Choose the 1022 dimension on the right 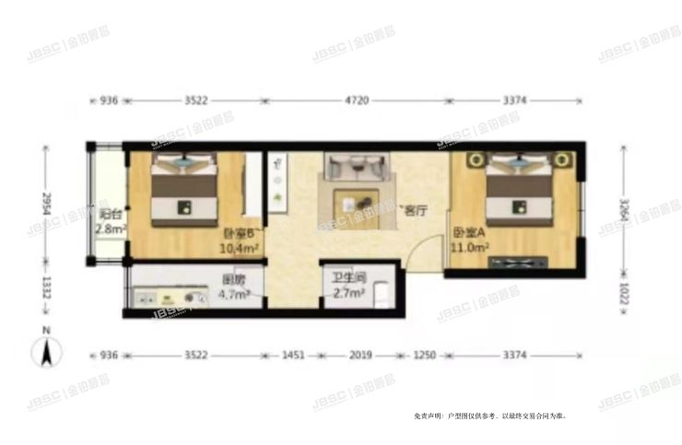(x=625, y=294)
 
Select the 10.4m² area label (x=237, y=247)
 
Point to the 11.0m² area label (x=468, y=247)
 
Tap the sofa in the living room (x=355, y=168)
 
